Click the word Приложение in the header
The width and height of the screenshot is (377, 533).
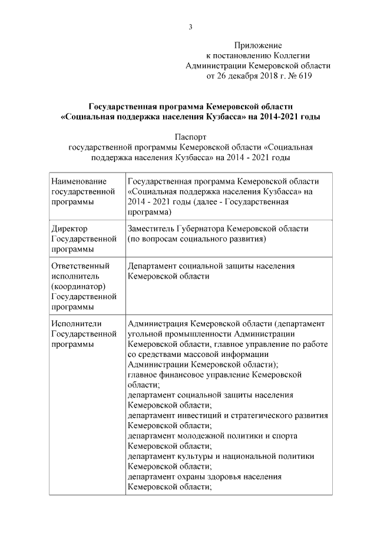(x=258, y=45)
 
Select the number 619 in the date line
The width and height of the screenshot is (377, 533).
(x=305, y=76)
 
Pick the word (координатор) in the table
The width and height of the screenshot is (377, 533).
(x=78, y=286)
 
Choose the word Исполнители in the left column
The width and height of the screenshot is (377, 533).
(x=77, y=323)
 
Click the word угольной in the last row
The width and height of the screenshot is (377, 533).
(x=145, y=334)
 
